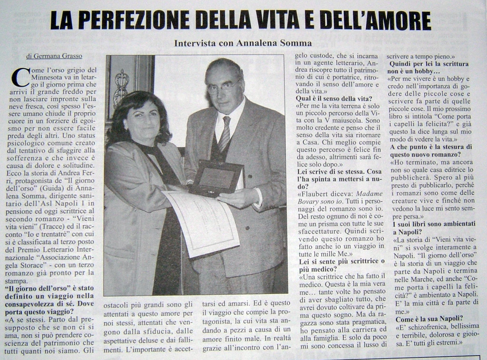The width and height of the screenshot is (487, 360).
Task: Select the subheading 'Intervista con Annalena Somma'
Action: point(243,43)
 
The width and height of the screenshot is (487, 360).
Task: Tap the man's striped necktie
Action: point(224,133)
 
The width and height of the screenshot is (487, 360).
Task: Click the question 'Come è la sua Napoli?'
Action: point(429,319)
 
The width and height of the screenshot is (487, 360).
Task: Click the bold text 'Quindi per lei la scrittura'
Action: point(429,63)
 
